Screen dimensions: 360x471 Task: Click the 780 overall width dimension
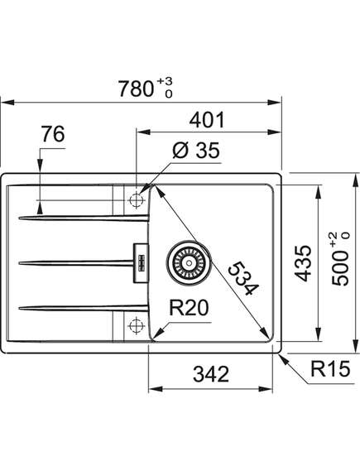(x=136, y=89)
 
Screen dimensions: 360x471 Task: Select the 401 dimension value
(x=207, y=120)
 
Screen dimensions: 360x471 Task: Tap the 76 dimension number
(x=53, y=134)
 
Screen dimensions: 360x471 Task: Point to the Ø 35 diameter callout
(x=196, y=150)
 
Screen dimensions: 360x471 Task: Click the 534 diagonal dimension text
(x=243, y=278)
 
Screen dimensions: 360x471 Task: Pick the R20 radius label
(x=189, y=308)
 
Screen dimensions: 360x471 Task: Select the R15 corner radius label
(x=330, y=368)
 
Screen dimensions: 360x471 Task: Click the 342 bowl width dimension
(x=211, y=374)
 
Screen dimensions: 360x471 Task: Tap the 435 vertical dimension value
(x=302, y=263)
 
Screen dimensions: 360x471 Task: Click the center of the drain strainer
(x=189, y=263)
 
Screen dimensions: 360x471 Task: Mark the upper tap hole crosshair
(x=136, y=200)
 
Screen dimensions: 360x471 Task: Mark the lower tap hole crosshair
(x=136, y=325)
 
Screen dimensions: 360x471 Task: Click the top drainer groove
(x=84, y=218)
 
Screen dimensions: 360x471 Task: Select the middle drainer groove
(x=76, y=263)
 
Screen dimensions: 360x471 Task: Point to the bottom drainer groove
(x=84, y=308)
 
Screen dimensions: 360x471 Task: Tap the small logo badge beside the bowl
(x=141, y=263)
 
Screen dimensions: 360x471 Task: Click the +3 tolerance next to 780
(x=166, y=81)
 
